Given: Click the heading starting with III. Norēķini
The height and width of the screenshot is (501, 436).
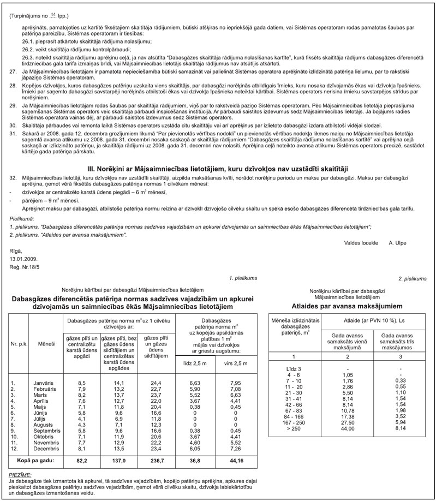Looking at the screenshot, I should (x=218, y=169).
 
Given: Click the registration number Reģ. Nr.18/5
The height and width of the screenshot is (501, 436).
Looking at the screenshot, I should (x=25, y=267).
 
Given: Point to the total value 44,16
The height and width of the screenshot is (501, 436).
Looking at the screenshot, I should (x=235, y=461).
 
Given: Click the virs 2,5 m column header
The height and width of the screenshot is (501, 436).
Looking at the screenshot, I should (x=235, y=363).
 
